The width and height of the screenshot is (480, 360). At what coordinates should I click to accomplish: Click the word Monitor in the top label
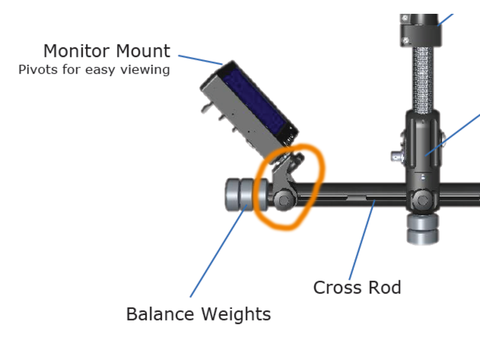[x=75, y=50]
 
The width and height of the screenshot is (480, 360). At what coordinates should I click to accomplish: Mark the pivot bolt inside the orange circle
[x=284, y=200]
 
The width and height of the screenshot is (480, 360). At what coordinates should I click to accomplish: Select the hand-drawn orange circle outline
[x=319, y=174]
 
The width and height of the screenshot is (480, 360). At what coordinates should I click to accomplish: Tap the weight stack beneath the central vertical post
[x=423, y=229]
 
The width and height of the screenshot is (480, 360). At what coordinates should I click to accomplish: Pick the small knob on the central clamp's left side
[x=397, y=157]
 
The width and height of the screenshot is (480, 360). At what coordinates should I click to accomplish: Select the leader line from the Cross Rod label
[x=362, y=240]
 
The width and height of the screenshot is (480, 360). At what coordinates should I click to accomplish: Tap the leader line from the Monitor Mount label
[x=200, y=59]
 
